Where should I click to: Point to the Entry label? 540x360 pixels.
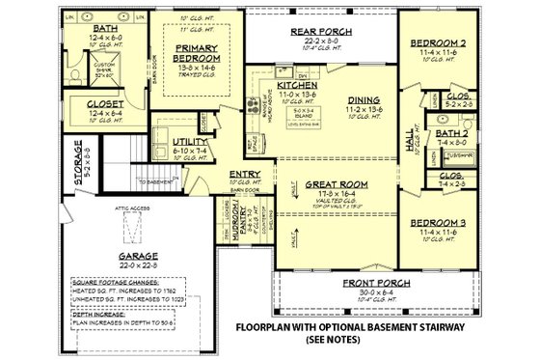point(241,176)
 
